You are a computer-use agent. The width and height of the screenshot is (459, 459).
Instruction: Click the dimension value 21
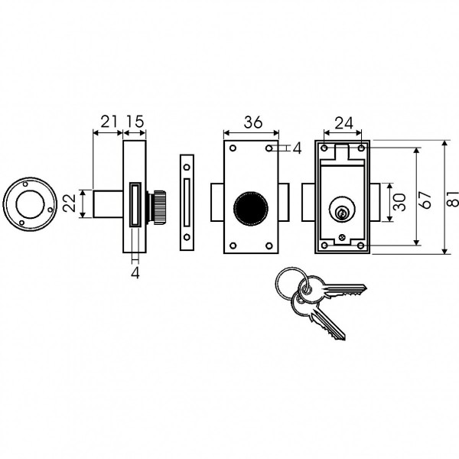coord(109,122)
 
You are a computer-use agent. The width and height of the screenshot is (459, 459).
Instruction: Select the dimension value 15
coord(135,122)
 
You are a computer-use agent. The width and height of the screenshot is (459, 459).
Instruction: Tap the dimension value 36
coord(253,122)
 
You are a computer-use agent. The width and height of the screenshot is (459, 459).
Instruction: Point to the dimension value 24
coord(344,123)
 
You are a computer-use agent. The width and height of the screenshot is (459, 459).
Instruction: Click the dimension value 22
coord(70,203)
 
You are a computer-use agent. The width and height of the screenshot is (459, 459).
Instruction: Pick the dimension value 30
coord(399,202)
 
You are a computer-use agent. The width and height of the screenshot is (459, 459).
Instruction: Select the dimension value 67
coord(425,200)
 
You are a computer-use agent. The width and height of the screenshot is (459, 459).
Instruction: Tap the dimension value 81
coord(453,199)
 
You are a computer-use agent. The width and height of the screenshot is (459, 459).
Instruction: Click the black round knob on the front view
coord(251,208)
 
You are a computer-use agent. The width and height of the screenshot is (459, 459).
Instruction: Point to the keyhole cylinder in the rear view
coord(341,210)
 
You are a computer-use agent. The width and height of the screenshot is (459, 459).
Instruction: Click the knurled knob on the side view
coord(158,207)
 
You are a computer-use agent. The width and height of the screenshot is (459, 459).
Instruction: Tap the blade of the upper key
coord(345,290)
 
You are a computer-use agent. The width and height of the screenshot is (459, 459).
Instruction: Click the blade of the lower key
coord(328,325)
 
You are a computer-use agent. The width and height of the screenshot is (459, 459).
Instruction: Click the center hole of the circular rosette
coord(30,204)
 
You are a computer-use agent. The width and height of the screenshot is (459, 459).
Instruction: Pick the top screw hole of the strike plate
coord(187,168)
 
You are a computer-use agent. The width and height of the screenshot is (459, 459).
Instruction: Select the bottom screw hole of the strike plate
coord(187,237)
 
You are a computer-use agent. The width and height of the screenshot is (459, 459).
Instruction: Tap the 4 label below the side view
coord(135,273)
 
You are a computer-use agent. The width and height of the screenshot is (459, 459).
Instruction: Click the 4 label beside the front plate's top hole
coord(297,148)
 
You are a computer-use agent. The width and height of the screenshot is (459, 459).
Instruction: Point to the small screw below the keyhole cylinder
coord(342,237)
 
